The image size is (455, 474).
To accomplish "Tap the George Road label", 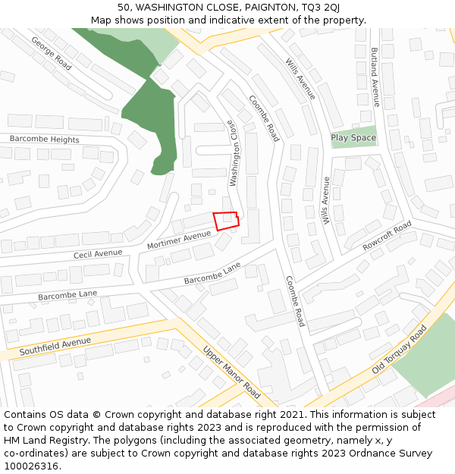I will click(x=52, y=54).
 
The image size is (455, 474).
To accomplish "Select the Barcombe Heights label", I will click(x=44, y=140).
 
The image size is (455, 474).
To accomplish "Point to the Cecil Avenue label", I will click(x=98, y=253).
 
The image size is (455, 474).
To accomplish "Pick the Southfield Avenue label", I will click(x=55, y=347).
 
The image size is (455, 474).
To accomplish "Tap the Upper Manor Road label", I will click(x=231, y=372).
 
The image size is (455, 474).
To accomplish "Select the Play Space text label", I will click(x=353, y=138).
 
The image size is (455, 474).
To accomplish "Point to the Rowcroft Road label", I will click(x=387, y=235).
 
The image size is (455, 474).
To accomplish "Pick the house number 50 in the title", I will click(x=124, y=8).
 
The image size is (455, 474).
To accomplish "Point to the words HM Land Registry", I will click(x=43, y=441).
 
